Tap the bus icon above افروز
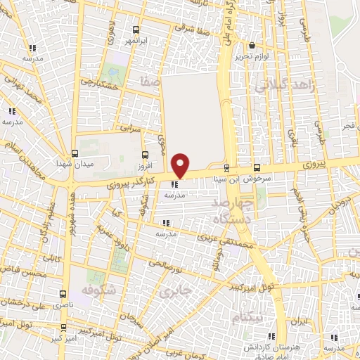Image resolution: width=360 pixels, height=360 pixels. pyautogui.click(x=145, y=155)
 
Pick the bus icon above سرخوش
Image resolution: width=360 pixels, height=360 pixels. pyautogui.click(x=257, y=167)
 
